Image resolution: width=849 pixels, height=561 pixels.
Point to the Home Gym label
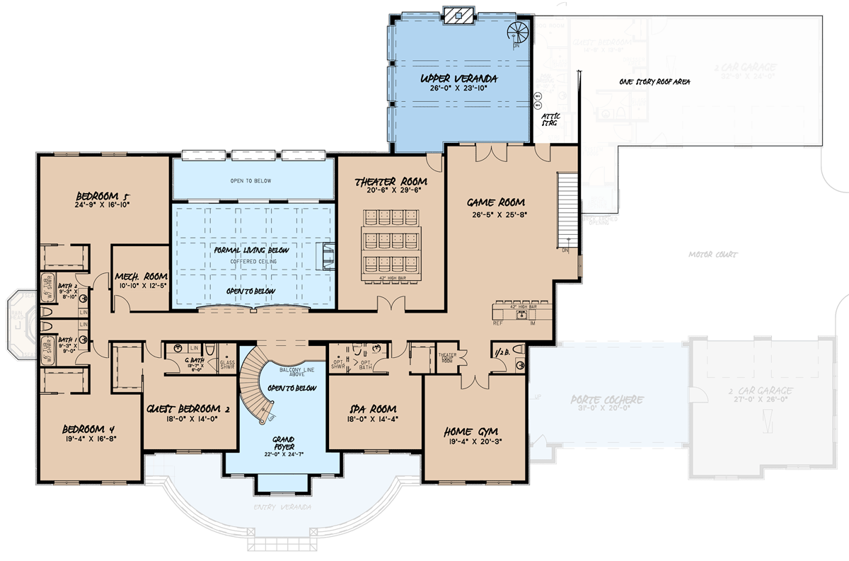coord(471,431)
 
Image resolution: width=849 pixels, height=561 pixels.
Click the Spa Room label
coord(372,409)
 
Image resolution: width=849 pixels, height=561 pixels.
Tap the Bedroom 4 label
coord(88,429)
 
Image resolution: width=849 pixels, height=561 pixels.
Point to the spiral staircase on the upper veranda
coord(518,33)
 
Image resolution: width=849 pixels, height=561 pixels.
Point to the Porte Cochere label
coord(607,400)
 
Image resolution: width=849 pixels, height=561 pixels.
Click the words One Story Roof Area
coord(654,82)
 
